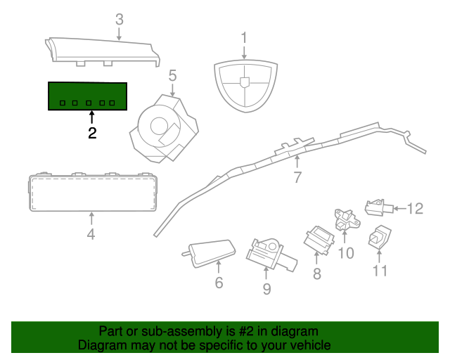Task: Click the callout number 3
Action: [119, 19]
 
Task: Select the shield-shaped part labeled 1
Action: [244, 84]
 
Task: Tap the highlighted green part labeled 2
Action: [88, 96]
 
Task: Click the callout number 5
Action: [172, 75]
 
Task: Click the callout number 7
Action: [297, 178]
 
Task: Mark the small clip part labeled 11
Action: [380, 236]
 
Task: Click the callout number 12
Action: [416, 208]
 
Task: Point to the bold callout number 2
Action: [92, 133]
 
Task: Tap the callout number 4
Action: [91, 234]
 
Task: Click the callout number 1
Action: [245, 37]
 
